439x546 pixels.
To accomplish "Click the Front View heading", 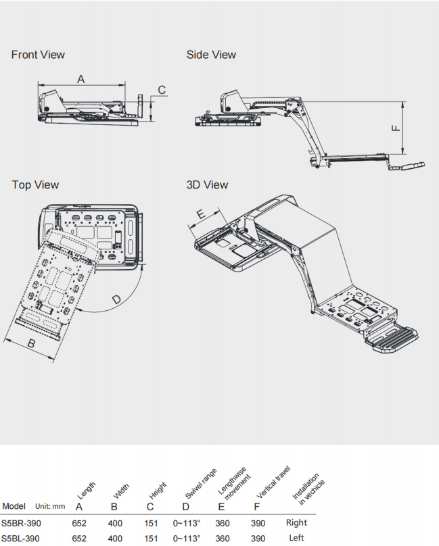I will pos(38,54).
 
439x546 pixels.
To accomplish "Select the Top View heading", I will pos(35,184).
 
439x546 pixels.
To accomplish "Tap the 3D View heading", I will pos(207,184).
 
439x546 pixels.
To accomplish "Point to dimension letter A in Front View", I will pos(80,79).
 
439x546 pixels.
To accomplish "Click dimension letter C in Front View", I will pos(162,90).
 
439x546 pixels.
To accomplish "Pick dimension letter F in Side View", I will pos(396,126).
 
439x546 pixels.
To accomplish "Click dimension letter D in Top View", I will pos(116,299).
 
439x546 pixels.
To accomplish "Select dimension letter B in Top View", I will pos(30,343).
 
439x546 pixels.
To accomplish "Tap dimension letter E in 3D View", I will pos(201,214).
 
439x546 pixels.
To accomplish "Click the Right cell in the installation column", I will pos(296,522).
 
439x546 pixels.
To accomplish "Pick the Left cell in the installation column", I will pos(296,537).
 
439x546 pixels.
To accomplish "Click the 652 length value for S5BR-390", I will pos(79,522).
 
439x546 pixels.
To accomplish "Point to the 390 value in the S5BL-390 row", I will pos(258,538).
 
